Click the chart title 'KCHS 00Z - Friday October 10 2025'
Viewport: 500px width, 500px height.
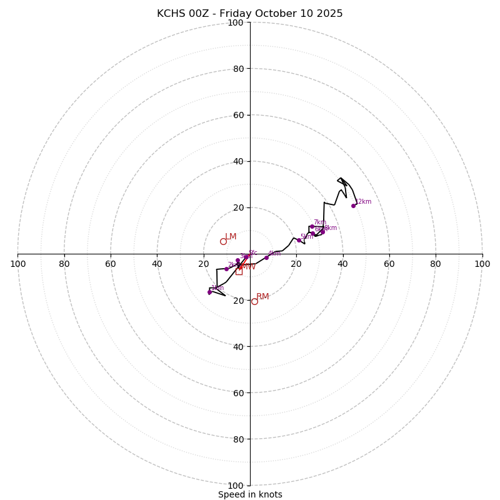[x=250, y=14]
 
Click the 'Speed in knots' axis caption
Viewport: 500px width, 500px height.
[x=250, y=494]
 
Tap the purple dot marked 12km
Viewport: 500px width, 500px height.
[x=353, y=206]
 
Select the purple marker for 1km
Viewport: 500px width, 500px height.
[x=209, y=292]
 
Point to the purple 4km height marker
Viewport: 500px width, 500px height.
[x=266, y=257]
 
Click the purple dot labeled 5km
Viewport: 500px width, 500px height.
[x=299, y=240]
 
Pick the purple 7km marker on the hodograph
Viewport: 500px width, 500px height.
[x=312, y=226]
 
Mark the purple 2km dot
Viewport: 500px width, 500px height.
[x=226, y=269]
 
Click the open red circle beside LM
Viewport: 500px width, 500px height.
[x=223, y=241]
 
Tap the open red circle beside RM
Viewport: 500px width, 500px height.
[x=254, y=301]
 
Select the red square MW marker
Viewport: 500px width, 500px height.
[x=239, y=271]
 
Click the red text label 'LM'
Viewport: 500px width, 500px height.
[x=231, y=236]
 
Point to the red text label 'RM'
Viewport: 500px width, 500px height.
[x=262, y=296]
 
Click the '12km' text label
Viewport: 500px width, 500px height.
[x=363, y=201]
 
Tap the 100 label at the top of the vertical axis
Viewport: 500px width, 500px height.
[x=236, y=22]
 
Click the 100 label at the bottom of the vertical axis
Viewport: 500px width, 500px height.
[x=236, y=486]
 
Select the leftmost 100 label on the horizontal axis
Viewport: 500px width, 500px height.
[x=18, y=264]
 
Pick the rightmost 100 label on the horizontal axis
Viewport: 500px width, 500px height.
[x=482, y=264]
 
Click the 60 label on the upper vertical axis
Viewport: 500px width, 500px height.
[x=238, y=115]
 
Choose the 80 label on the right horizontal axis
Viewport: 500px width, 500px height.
[x=436, y=264]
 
